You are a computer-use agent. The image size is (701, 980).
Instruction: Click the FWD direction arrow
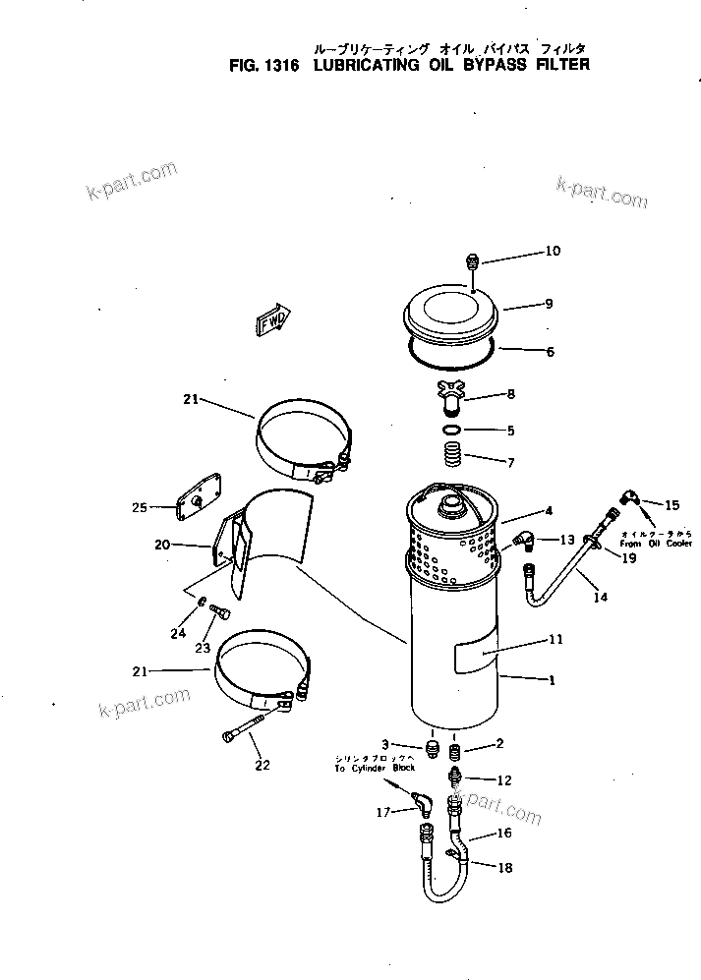[273, 319]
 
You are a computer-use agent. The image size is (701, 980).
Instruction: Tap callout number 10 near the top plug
[552, 252]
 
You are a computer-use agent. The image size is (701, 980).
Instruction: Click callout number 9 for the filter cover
[550, 304]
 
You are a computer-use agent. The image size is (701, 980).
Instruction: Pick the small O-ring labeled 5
[451, 431]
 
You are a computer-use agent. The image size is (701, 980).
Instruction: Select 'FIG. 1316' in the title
[257, 66]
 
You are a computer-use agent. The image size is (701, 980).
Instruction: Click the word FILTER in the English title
[557, 66]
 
